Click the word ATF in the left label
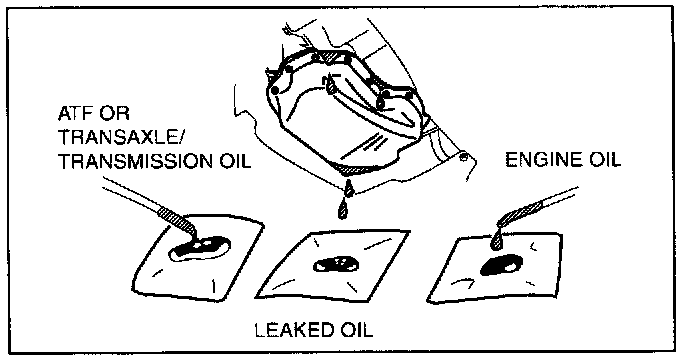tap(74, 114)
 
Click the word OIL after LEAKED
tap(355, 330)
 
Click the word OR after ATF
tap(114, 114)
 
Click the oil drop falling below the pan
tap(343, 210)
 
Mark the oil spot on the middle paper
tap(336, 264)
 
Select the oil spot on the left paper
tap(200, 248)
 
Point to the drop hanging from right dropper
tap(496, 240)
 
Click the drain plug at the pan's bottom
tap(348, 189)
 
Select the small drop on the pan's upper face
tap(330, 86)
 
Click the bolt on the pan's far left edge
tap(275, 90)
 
